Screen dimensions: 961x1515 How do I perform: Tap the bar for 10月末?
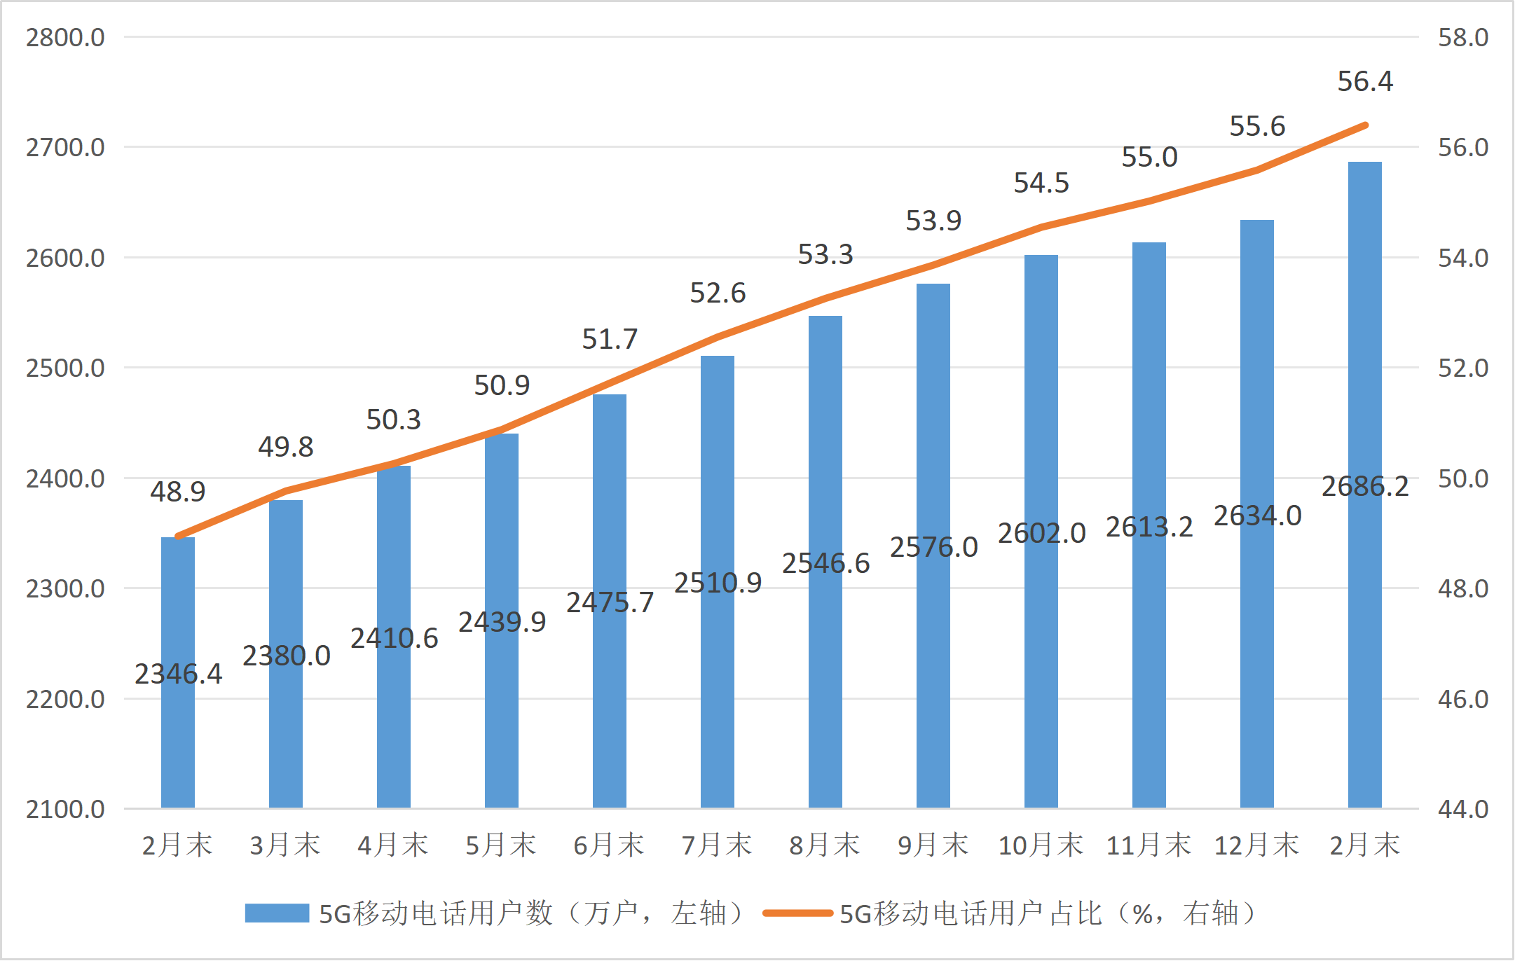[1041, 665]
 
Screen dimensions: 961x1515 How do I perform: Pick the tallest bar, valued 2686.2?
[1365, 630]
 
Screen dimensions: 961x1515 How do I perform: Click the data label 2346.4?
[178, 674]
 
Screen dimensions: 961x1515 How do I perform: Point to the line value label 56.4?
[1365, 81]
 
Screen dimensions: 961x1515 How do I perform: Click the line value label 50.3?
[394, 420]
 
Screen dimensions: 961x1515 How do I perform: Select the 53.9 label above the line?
[933, 221]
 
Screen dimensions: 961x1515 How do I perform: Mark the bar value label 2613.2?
[1149, 527]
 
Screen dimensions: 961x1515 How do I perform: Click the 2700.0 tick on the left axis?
[65, 147]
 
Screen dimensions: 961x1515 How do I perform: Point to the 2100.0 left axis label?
[65, 809]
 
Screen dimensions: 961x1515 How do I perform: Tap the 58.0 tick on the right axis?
[1463, 37]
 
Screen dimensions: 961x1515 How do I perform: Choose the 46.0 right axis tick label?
[1463, 699]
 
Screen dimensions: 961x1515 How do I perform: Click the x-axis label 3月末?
[286, 845]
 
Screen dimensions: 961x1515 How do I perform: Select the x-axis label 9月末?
[933, 845]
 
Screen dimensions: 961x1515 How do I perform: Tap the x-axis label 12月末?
[1257, 845]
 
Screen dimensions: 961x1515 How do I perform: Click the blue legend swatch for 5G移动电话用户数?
[277, 913]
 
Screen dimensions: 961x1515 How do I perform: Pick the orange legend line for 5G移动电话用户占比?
[797, 913]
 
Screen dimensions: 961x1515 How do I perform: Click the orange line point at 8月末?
[825, 298]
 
